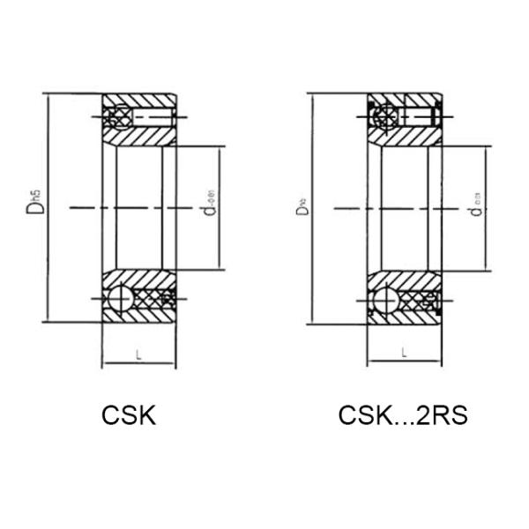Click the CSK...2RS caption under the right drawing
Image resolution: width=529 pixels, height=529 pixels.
pos(402,414)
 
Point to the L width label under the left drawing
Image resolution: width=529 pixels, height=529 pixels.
pos(139,354)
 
